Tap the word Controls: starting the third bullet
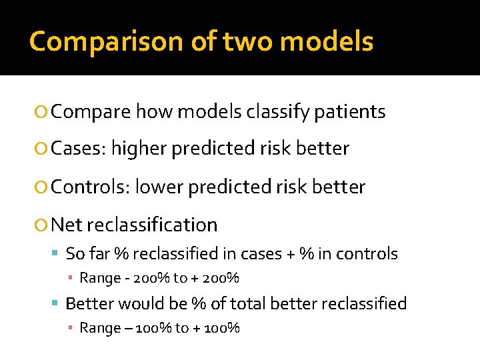coord(90,187)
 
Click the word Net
coord(65,225)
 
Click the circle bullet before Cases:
coord(42,149)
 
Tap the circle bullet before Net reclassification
coord(42,225)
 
